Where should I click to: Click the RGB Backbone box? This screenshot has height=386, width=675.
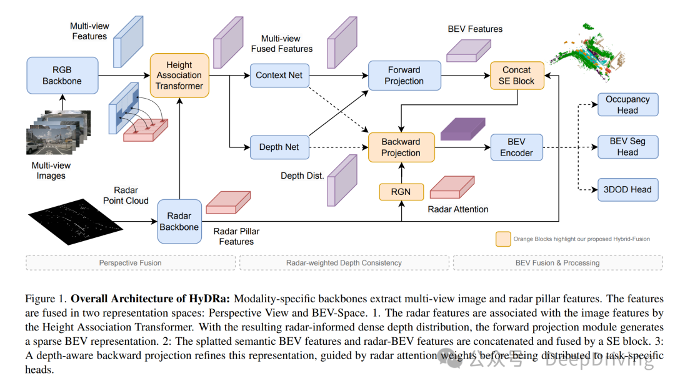pos(62,76)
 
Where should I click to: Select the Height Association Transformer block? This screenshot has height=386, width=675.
pos(179,76)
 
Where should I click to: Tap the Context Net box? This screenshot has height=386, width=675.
pos(279,75)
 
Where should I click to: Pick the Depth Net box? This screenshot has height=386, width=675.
pos(279,147)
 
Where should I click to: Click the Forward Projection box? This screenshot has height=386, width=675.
pos(404,76)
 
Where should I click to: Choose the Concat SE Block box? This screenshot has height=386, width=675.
pos(517,76)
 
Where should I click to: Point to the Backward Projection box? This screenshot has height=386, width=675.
pos(401,147)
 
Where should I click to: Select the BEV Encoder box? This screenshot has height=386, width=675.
pos(517,147)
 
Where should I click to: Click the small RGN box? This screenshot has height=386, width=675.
pos(401,192)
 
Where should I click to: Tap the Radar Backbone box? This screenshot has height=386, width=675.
pos(179,221)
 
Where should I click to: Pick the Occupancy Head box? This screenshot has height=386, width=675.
pos(627,105)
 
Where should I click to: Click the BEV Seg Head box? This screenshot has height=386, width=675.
pos(627,147)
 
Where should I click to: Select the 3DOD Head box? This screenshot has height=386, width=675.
pos(627,190)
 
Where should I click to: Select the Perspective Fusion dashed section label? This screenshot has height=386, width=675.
pos(130,263)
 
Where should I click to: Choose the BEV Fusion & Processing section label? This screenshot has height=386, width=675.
pos(557,263)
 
